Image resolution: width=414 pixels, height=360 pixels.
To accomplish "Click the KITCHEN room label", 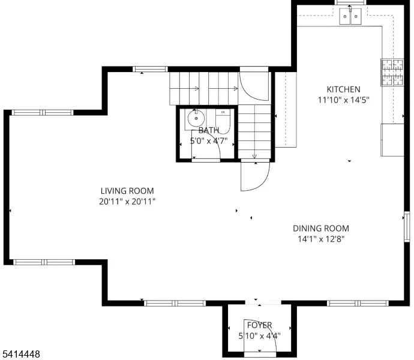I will tap(343, 89).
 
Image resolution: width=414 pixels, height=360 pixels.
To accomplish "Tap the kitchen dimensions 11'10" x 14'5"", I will tap(343, 100).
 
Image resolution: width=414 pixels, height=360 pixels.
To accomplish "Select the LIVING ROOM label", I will tap(127, 191).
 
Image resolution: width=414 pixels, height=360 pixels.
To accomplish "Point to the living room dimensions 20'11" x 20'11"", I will tap(127, 202).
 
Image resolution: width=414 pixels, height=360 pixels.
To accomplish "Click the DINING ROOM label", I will tap(320, 228).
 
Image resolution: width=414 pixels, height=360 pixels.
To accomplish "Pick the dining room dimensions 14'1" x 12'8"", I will tap(320, 239).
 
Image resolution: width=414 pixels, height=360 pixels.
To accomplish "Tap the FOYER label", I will tap(259, 325).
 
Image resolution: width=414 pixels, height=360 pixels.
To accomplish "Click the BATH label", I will tap(209, 130).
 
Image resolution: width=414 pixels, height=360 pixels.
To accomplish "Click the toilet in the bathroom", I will tap(223, 120).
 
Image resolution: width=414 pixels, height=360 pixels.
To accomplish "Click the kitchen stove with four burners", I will tap(391, 73).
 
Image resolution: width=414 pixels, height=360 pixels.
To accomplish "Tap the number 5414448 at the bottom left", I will tap(22, 355).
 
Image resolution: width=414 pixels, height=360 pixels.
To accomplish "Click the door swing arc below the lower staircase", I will tap(253, 178).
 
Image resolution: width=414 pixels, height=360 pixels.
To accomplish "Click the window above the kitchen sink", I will tap(352, 3).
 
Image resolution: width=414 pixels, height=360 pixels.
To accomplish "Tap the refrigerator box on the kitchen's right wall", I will tap(392, 140).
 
